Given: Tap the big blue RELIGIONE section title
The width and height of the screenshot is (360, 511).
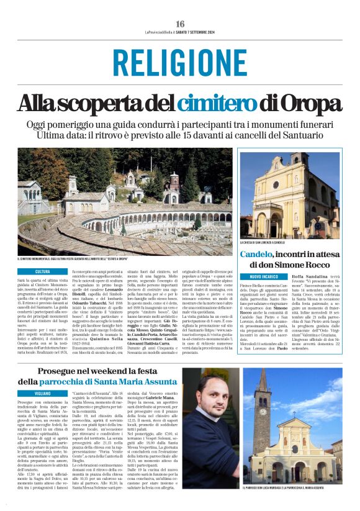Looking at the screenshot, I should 179,63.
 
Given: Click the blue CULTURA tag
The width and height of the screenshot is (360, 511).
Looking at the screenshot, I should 43,271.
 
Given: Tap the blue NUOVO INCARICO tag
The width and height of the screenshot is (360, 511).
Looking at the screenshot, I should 264,276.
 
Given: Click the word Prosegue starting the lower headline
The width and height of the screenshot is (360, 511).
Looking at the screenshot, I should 61,353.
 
